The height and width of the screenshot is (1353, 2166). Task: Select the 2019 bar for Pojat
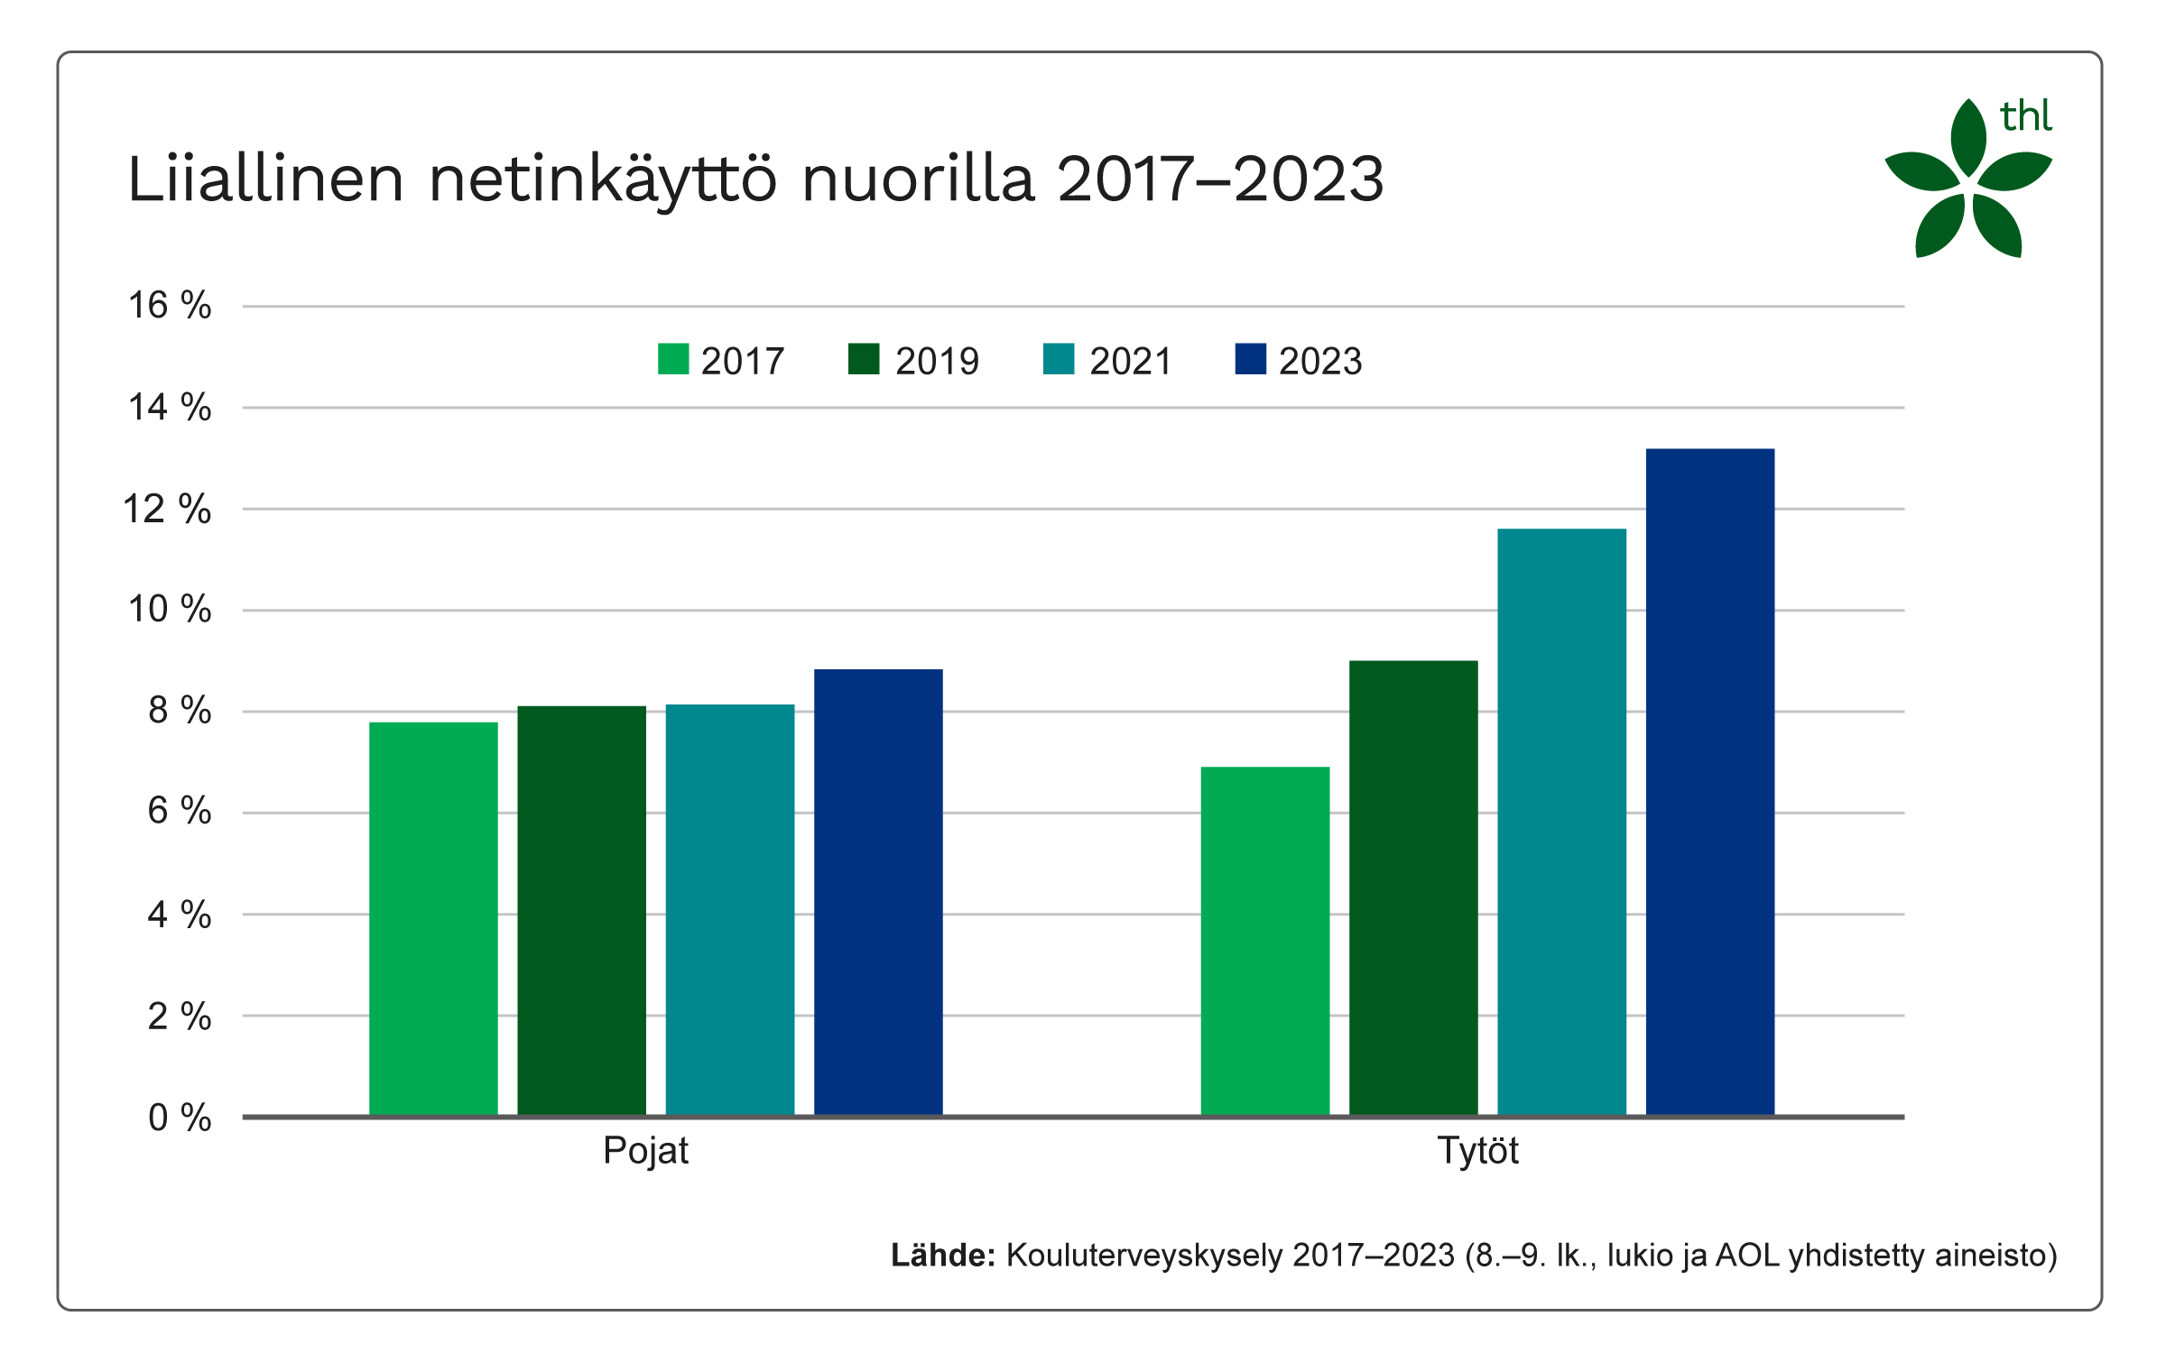[x=581, y=910]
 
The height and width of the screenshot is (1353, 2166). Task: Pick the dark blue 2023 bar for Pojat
[x=878, y=892]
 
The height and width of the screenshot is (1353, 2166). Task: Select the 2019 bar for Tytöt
[x=1413, y=888]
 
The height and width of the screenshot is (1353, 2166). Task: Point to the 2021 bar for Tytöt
[x=1561, y=822]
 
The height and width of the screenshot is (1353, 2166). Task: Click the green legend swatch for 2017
[x=673, y=359]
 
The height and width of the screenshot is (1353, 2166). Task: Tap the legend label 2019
[x=937, y=361]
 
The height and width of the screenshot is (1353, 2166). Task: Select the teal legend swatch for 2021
[x=1059, y=359]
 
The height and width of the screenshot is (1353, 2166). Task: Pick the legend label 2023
[x=1320, y=361]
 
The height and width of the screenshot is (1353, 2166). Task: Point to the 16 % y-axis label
[x=170, y=306]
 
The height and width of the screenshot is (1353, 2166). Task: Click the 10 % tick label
[x=170, y=610]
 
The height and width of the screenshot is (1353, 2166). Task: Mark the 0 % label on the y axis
[x=180, y=1118]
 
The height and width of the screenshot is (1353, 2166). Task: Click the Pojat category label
[x=645, y=1151]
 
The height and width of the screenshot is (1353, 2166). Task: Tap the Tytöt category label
[x=1477, y=1151]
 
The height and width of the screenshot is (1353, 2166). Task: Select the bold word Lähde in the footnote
[x=942, y=1256]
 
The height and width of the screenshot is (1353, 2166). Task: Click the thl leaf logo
[x=1967, y=180]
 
